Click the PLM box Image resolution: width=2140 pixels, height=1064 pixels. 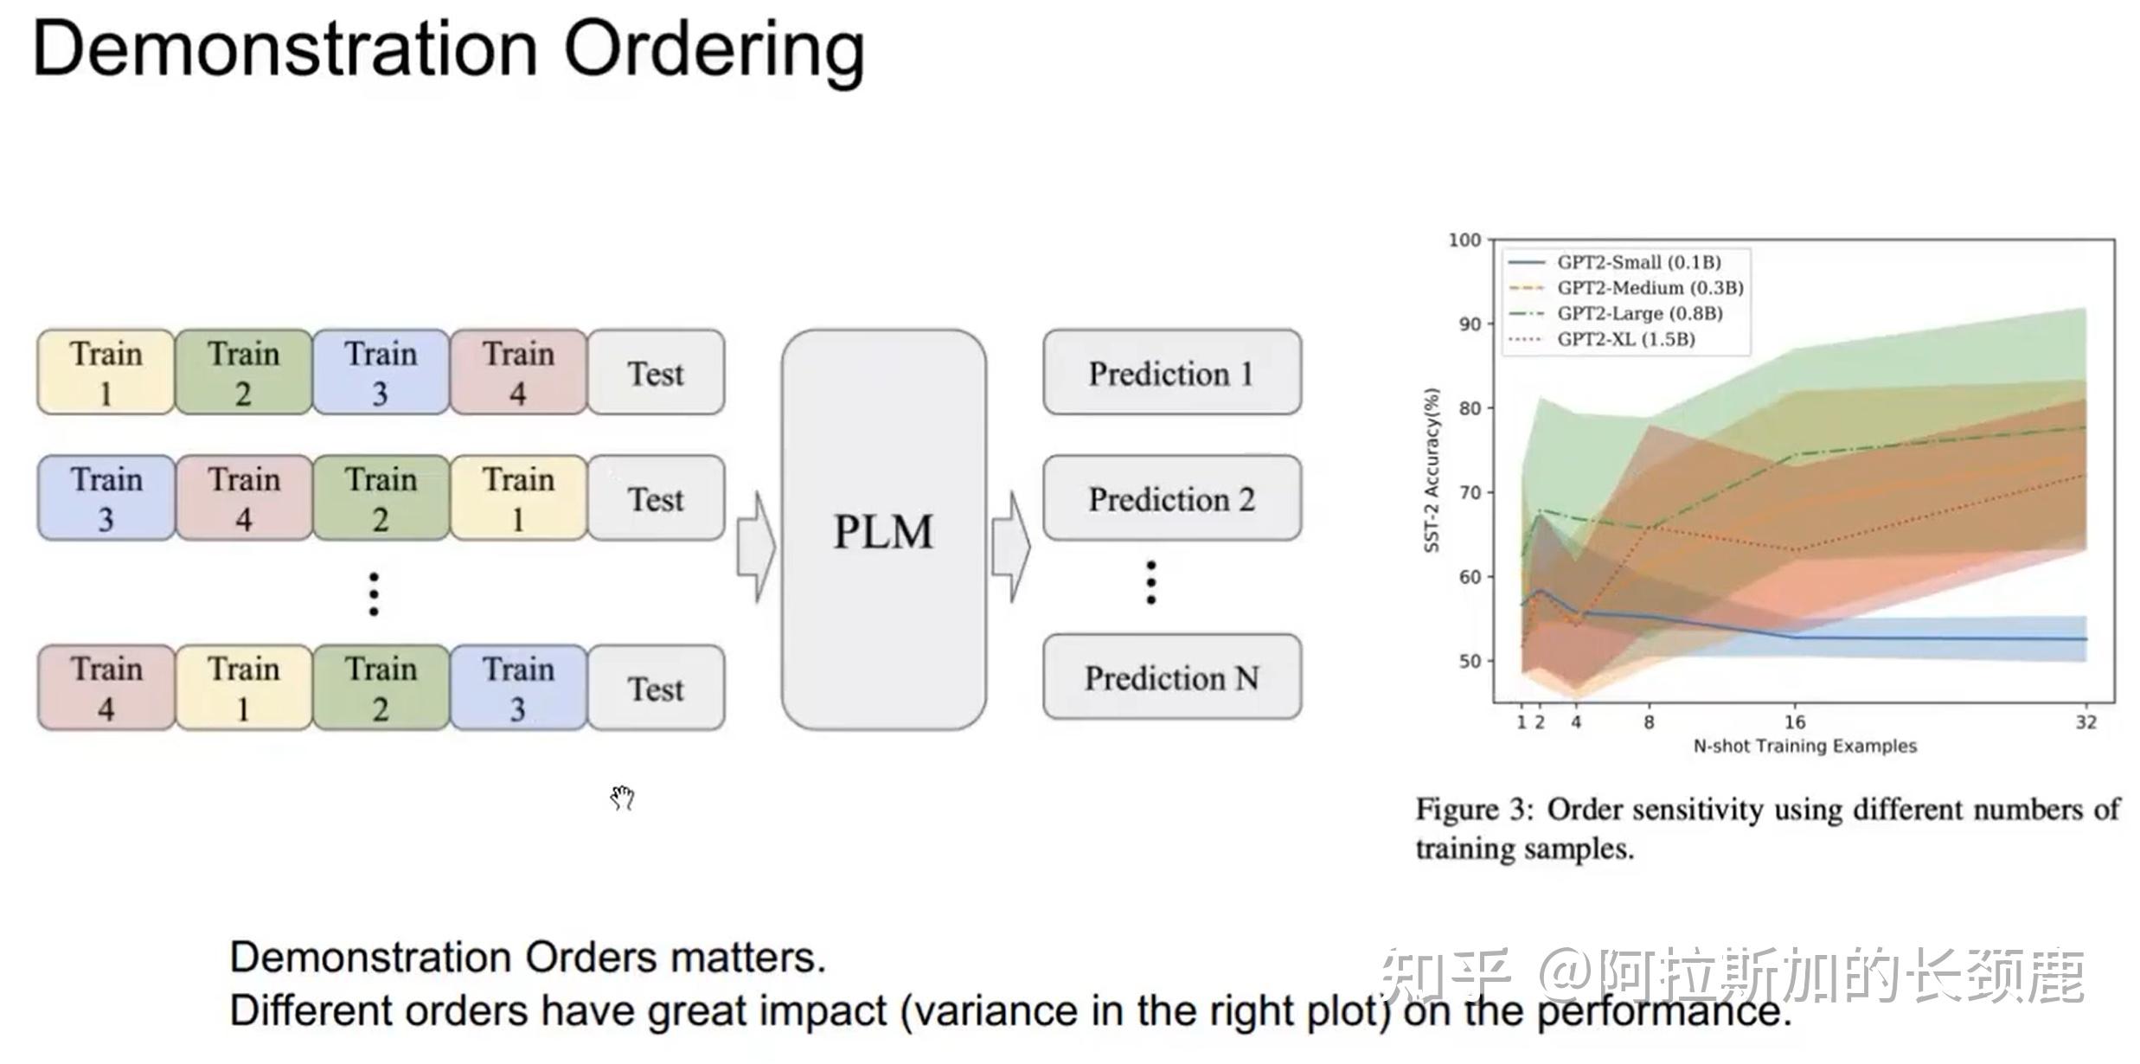point(883,529)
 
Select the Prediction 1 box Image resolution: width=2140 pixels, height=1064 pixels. point(1171,373)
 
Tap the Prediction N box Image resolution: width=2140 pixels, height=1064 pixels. point(1171,677)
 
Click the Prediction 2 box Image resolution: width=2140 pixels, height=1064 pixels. point(1171,499)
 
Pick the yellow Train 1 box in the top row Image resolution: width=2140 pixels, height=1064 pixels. point(106,373)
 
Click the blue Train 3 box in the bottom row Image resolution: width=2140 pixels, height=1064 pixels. point(517,688)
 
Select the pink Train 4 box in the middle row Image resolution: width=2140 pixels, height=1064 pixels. point(244,499)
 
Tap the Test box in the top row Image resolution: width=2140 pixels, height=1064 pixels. point(656,373)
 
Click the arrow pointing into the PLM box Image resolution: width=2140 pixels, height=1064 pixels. point(756,547)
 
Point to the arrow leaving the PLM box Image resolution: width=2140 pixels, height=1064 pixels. point(1010,547)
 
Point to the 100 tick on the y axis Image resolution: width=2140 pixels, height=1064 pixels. point(1464,240)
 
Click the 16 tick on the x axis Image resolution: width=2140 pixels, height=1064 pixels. point(1795,722)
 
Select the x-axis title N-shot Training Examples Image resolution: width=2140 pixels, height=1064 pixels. point(1804,747)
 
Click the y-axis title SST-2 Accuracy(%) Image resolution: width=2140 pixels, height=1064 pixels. point(1432,471)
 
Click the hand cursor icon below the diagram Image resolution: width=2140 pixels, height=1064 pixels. point(622,798)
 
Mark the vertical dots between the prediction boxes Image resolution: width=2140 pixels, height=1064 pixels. point(1150,582)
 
